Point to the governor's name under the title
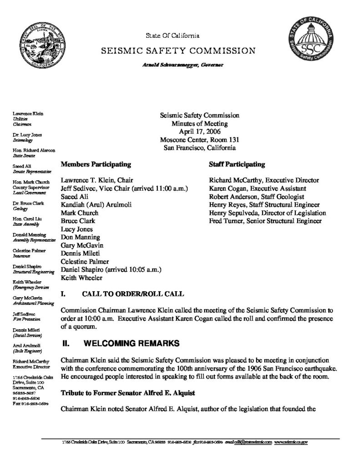181,65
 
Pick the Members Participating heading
96,163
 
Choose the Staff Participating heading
237,163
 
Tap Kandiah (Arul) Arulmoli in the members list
96,205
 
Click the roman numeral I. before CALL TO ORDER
63,294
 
